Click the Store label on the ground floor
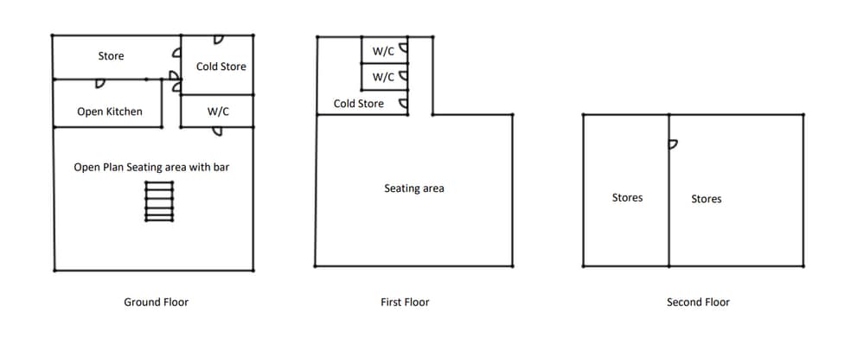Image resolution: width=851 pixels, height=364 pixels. (x=111, y=56)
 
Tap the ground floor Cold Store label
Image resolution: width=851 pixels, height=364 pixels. (x=221, y=67)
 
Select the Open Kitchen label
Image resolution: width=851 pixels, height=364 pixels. (x=110, y=112)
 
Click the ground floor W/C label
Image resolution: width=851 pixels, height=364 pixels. (x=218, y=112)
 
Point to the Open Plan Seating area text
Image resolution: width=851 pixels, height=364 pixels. (x=151, y=167)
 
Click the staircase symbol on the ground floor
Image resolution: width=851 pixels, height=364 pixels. (x=158, y=201)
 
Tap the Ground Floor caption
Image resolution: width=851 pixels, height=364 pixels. (x=156, y=302)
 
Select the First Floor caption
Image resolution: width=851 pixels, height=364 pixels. (x=405, y=302)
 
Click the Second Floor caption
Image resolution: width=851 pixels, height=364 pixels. (x=698, y=302)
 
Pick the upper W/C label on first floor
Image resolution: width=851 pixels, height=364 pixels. (x=383, y=52)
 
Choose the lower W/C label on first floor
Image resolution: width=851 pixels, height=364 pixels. (x=383, y=77)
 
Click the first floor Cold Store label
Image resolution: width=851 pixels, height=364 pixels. (x=359, y=104)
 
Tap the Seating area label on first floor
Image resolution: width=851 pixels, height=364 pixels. (x=414, y=188)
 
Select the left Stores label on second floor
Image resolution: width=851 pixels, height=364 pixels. (x=627, y=198)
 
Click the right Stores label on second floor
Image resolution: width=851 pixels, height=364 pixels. (x=707, y=199)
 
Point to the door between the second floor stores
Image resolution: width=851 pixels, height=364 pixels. (x=673, y=144)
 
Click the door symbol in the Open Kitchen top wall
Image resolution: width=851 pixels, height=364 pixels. (x=100, y=84)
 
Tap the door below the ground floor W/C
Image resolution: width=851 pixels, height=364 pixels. (x=217, y=131)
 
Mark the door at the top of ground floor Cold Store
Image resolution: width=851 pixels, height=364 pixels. (x=219, y=40)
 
